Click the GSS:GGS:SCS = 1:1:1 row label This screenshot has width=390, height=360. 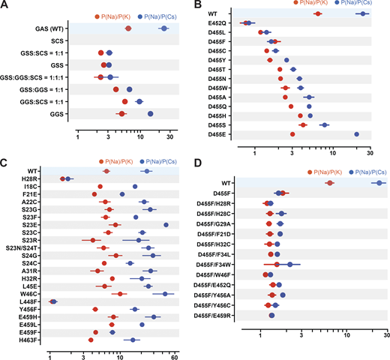click(34, 76)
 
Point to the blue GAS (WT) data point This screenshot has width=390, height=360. click(163, 28)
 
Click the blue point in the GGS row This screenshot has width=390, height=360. click(151, 114)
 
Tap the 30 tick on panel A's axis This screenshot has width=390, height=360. click(171, 137)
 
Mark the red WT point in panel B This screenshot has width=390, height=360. click(318, 14)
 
